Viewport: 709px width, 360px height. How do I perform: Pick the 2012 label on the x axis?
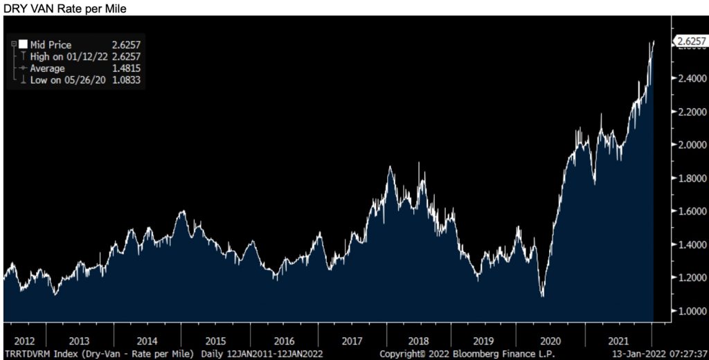coord(25,341)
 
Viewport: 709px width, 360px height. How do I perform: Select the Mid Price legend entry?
coord(51,45)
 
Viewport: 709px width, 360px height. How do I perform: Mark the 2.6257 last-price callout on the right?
coord(691,41)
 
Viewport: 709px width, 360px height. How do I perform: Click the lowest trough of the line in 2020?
coord(542,296)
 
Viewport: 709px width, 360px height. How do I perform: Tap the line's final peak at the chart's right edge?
coord(653,42)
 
